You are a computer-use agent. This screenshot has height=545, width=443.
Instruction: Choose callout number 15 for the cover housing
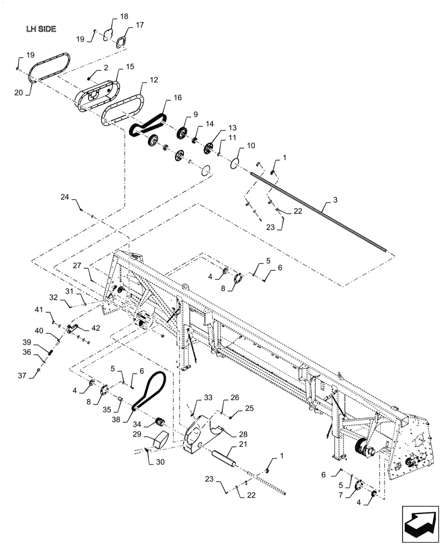[115, 66]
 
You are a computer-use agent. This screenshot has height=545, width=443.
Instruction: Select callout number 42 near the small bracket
[95, 328]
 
